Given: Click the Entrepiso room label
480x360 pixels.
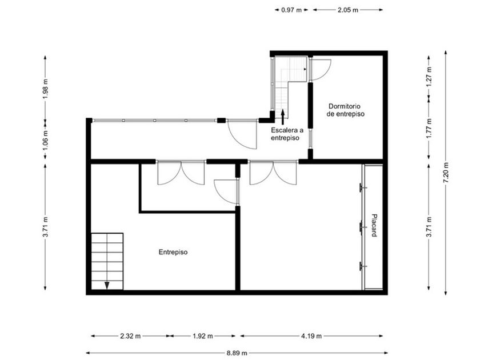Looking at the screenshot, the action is tap(173, 252).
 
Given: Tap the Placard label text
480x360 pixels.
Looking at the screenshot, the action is tap(374, 225).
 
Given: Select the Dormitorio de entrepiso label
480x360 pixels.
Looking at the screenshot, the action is tap(346, 110).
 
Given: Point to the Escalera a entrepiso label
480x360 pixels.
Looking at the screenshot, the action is tap(287, 134).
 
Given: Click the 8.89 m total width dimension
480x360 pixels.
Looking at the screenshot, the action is tap(237, 353).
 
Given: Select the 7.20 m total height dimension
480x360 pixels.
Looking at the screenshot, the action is tap(446, 173).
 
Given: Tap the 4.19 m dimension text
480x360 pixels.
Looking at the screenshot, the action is tap(311, 336).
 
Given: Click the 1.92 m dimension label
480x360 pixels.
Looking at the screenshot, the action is tap(203, 336).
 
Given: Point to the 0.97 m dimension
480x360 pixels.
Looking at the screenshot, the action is tap(291, 10).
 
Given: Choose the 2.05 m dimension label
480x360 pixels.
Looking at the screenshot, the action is tap(348, 10).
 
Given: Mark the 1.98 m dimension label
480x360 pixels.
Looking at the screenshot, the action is tap(45, 88).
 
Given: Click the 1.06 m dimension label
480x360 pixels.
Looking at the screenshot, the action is tap(45, 140).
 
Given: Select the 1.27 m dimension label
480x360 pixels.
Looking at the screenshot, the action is tap(429, 77).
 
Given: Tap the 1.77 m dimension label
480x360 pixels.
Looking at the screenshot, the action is tap(429, 128).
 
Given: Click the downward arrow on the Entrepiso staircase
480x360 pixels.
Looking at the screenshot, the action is tap(107, 285).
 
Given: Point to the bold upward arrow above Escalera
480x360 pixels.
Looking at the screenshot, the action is tap(282, 117).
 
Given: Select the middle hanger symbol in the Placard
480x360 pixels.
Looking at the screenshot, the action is tap(362, 227).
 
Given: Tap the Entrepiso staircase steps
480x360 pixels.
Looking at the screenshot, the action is tap(107, 262).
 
